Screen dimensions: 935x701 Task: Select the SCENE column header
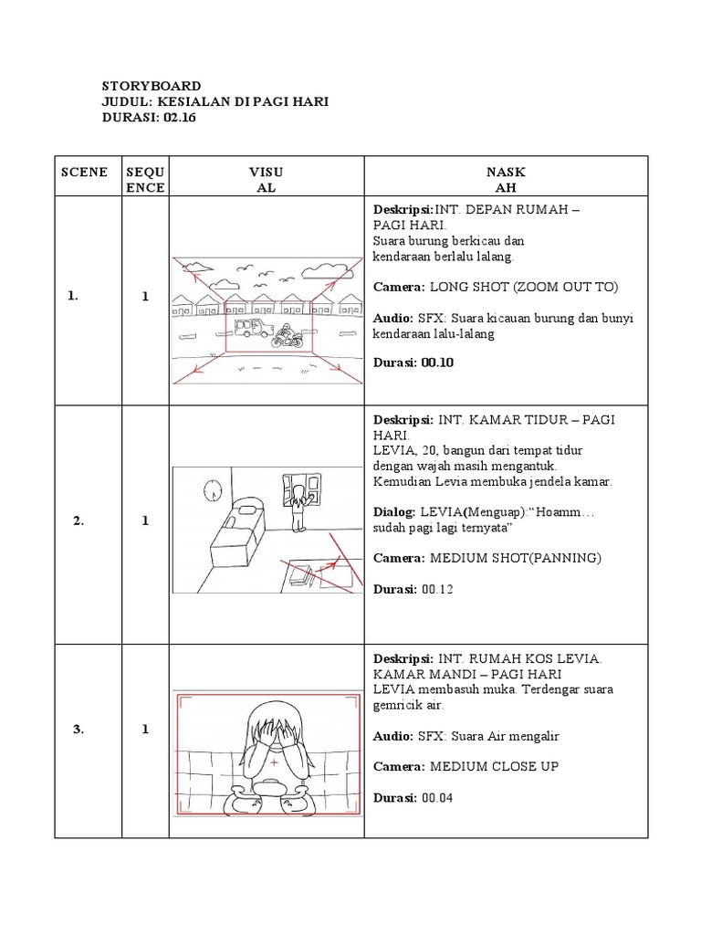tap(84, 172)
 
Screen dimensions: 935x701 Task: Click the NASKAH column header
tap(506, 180)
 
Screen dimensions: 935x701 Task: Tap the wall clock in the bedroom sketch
tap(213, 488)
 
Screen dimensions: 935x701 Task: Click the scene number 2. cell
tap(78, 521)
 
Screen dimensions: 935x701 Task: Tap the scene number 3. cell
tap(78, 729)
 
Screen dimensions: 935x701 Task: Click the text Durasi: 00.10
tap(413, 362)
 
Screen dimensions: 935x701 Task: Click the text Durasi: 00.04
tap(413, 798)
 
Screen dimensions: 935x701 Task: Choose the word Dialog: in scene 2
tap(394, 513)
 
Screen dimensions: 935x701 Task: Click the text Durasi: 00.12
tap(413, 589)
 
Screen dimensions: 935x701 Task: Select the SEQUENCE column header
tap(145, 180)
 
